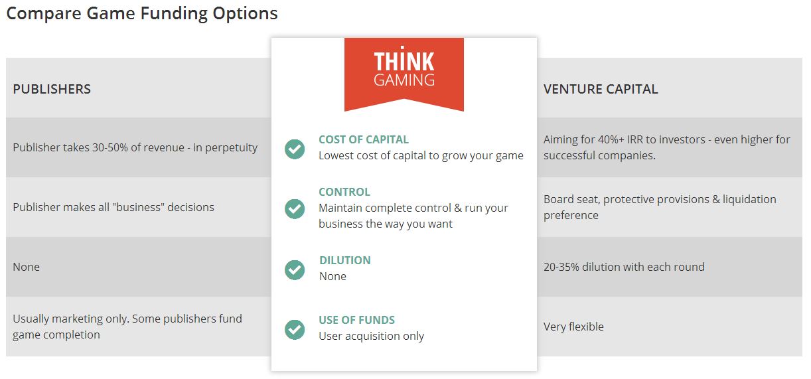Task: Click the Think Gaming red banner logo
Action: [404, 74]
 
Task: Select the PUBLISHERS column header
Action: [52, 89]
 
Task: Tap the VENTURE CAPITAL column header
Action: [601, 89]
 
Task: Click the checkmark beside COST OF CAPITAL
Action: [295, 149]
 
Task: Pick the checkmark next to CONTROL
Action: [295, 208]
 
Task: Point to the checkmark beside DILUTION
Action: [295, 269]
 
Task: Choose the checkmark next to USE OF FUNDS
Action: [295, 329]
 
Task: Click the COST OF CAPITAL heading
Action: [364, 139]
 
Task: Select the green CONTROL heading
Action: [344, 192]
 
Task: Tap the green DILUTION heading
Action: [345, 260]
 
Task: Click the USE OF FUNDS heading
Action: [356, 320]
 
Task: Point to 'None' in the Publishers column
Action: [26, 267]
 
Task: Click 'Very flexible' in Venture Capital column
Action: [573, 327]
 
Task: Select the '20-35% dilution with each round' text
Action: [624, 267]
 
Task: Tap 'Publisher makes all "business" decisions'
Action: [113, 207]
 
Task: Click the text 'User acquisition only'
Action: [371, 337]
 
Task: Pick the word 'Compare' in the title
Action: [44, 14]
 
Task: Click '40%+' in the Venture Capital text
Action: [611, 140]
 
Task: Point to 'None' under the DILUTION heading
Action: [332, 277]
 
